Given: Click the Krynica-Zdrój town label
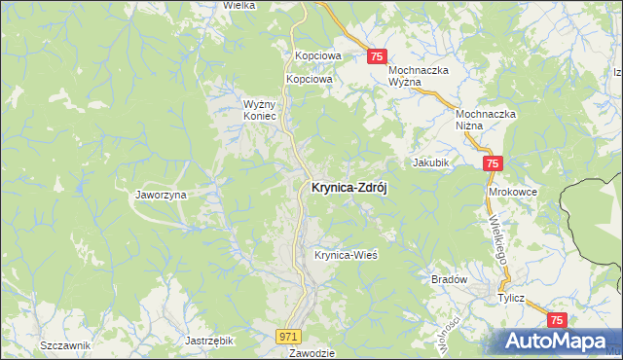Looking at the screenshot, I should coord(348,189).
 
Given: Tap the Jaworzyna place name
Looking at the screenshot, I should coord(161,195).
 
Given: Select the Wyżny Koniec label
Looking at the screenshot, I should coord(261,109).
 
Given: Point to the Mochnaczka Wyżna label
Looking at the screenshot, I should coord(418,77).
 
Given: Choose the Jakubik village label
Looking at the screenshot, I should coord(429,162).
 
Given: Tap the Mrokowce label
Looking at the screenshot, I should coord(513,193).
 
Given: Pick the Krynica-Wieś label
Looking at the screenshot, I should coord(346,256).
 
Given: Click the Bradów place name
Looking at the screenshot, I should coord(450,279).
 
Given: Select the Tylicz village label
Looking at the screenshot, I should coord(512,300).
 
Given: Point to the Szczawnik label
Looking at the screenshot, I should coord(65,346).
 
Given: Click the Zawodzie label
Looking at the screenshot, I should coord(312,353).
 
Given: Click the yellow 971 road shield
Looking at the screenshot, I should coord(286,336).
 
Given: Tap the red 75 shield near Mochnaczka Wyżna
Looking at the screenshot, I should coord(379,57).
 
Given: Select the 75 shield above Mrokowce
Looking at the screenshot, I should coord(493,164).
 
